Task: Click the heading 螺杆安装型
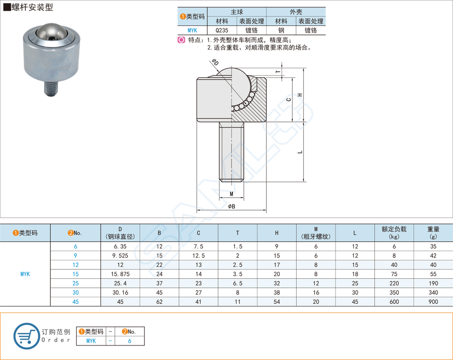point(31,7)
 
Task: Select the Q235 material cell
point(222,30)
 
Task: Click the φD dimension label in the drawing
point(215,62)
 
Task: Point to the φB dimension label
point(231,206)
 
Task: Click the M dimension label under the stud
point(231,193)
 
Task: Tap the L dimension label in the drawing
point(300,151)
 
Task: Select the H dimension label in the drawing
point(300,95)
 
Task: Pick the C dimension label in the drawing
point(289,100)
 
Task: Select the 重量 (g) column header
point(433,233)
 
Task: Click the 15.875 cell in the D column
point(120,274)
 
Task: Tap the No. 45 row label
point(76,301)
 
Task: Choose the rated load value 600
point(394,301)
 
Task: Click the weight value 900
point(433,301)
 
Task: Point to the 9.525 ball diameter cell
point(120,255)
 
